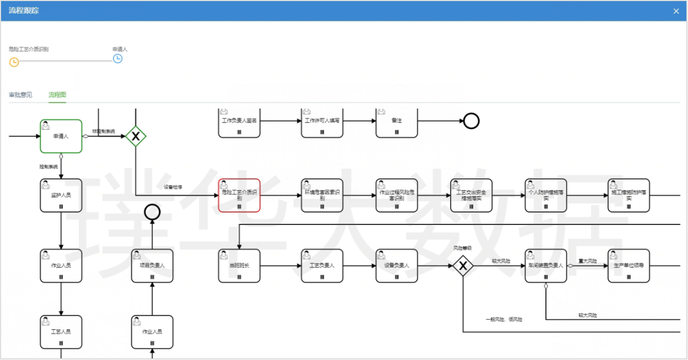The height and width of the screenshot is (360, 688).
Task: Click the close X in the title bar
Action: pos(676,11)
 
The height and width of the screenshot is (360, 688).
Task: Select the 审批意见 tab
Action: pos(21,95)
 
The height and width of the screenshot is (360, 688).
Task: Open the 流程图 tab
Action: pos(57,95)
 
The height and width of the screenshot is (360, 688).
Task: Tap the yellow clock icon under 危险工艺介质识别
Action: pos(14,62)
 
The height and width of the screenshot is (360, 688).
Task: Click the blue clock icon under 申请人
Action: pos(117,58)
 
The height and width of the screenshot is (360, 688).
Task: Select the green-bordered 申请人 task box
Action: pos(61,136)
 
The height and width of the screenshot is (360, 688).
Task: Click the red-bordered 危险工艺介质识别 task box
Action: pos(239,195)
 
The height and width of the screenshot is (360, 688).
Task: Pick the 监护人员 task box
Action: pos(61,195)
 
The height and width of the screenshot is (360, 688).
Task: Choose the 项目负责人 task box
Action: pos(152,265)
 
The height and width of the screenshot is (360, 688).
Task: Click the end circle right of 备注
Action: pos(471,121)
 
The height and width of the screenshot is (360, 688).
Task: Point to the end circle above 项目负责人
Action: pos(152,212)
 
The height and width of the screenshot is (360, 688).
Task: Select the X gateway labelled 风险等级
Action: pos(463,265)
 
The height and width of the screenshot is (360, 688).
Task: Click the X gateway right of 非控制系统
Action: pos(136,136)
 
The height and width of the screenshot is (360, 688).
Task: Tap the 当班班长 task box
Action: pos(239,265)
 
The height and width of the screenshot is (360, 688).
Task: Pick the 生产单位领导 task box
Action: pos(629,265)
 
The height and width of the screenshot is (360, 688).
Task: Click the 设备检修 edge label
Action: pos(173,187)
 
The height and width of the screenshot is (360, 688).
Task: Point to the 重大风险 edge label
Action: pos(587,261)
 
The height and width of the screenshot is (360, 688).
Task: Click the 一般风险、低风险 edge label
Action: pos(504,319)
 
